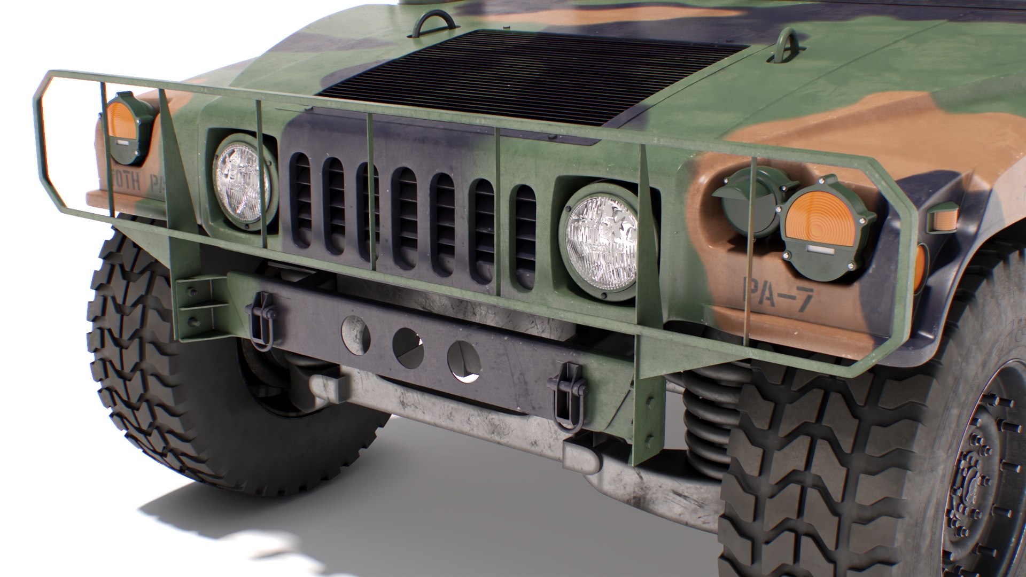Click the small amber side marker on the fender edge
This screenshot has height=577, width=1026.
[x=943, y=219]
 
